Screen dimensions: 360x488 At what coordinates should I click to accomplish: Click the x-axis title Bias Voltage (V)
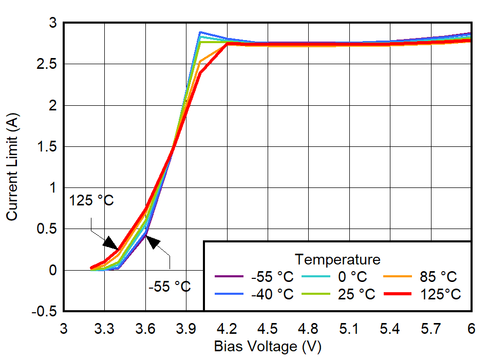267,347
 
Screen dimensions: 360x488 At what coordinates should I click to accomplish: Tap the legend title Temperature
337,258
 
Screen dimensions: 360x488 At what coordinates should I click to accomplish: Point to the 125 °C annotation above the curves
92,200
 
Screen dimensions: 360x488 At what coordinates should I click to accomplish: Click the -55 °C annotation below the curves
170,287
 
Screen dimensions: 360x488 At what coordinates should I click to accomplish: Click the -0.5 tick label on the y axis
46,311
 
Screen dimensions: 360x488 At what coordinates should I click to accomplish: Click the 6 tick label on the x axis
471,328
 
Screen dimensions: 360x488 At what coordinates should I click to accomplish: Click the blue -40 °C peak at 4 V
199,32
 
